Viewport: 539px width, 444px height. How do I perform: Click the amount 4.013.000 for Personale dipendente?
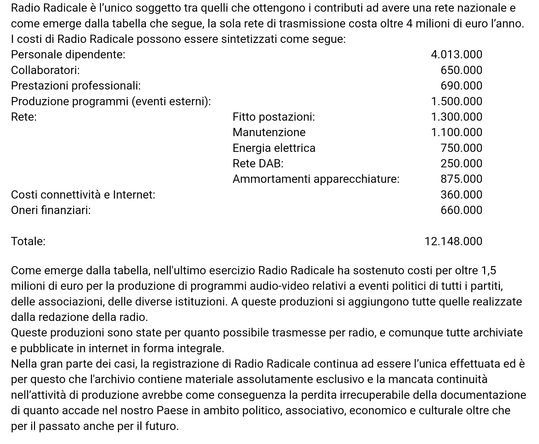(x=456, y=55)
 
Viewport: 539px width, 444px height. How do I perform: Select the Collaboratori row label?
(x=45, y=70)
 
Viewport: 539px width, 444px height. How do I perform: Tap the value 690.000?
(x=461, y=86)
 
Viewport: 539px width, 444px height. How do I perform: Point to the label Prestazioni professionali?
(x=76, y=86)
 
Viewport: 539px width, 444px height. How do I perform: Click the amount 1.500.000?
(x=456, y=101)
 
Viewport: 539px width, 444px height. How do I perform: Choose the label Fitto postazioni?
(x=274, y=117)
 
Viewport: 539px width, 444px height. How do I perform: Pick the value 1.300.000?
(x=456, y=117)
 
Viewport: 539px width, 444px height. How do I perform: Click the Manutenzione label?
(x=269, y=132)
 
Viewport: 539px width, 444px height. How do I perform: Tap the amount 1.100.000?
(x=456, y=132)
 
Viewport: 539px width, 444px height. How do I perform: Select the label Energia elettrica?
(x=274, y=148)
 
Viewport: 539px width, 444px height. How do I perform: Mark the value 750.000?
(x=461, y=148)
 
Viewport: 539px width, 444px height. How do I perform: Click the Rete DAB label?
(x=258, y=164)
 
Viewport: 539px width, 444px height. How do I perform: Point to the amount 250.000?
(x=461, y=164)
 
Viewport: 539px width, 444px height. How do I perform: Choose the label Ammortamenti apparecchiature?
(x=316, y=179)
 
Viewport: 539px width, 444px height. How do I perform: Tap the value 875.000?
(x=461, y=179)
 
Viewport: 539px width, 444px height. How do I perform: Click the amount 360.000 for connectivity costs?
(x=461, y=195)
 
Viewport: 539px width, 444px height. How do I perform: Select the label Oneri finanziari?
(x=51, y=210)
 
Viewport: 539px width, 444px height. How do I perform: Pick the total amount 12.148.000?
(x=453, y=242)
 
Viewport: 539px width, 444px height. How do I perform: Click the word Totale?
(x=28, y=242)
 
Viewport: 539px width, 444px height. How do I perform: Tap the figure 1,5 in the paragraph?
(x=488, y=271)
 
